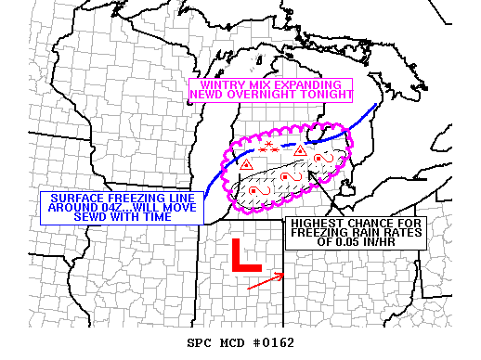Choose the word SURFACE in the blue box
[75, 198]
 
